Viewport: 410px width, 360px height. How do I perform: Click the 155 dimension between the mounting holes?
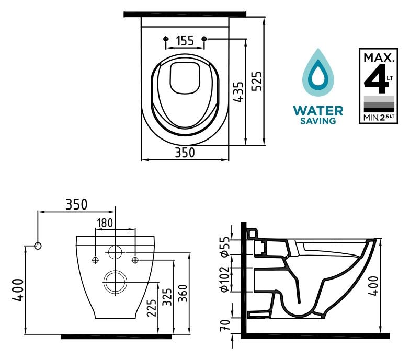click(185, 41)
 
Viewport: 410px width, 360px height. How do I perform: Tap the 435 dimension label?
click(238, 92)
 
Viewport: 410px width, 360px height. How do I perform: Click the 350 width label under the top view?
click(185, 153)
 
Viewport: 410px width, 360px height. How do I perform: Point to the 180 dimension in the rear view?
click(105, 224)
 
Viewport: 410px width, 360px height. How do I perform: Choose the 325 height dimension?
click(167, 297)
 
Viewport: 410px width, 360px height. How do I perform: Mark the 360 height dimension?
click(183, 293)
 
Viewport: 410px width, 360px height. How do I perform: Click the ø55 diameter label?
click(225, 247)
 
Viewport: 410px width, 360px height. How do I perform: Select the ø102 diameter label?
click(225, 279)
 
